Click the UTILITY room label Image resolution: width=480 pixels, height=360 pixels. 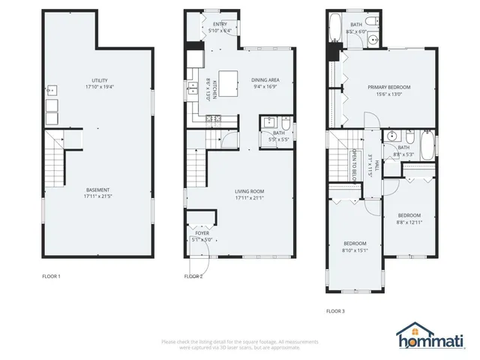(99, 80)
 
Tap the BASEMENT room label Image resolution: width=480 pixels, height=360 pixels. (97, 190)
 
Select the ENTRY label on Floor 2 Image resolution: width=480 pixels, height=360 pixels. (220, 24)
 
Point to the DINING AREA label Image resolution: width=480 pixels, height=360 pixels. (265, 80)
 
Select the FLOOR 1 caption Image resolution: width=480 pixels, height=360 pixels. (52, 277)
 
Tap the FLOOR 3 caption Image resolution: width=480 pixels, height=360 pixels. (336, 310)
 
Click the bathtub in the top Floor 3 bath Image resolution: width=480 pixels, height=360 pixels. (334, 27)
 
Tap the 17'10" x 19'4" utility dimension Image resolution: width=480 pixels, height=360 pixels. (99, 88)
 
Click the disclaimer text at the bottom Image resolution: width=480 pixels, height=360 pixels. (239, 344)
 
